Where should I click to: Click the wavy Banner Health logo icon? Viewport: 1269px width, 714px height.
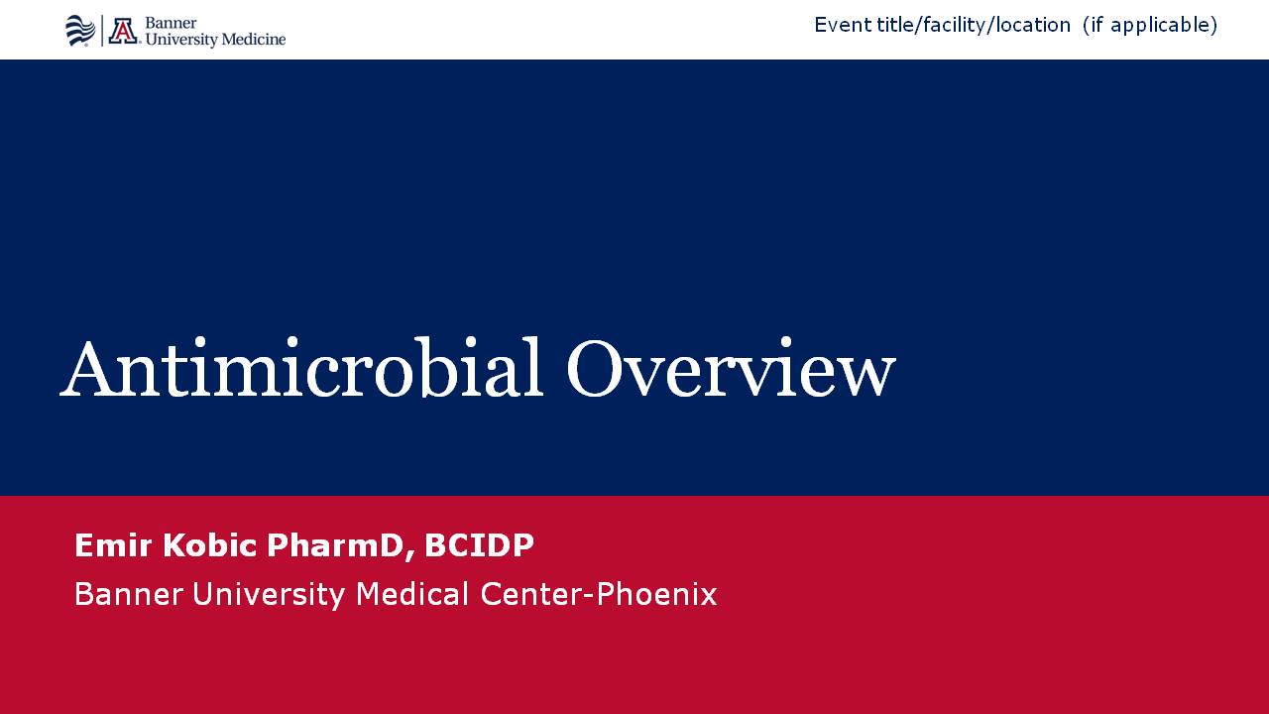pos(80,31)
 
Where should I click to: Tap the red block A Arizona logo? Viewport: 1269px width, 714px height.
pos(123,31)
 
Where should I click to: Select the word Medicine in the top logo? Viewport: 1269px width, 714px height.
pos(253,39)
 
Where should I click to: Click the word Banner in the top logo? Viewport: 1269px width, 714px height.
pos(171,23)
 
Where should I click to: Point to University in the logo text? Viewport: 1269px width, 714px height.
pos(181,40)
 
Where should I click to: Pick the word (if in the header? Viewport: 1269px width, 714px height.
pos(1094,26)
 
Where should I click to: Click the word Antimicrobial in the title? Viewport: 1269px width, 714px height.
pos(301,367)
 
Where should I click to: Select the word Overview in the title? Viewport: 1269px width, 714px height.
pos(731,367)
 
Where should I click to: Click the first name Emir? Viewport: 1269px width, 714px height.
pos(113,545)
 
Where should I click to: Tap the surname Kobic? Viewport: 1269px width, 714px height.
pos(210,545)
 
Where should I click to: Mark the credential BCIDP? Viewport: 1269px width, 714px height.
pos(479,545)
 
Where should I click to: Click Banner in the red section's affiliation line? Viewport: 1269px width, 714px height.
pos(129,594)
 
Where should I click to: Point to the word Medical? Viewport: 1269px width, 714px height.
pos(412,594)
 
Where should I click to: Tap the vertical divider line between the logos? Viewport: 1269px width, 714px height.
pos(102,31)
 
